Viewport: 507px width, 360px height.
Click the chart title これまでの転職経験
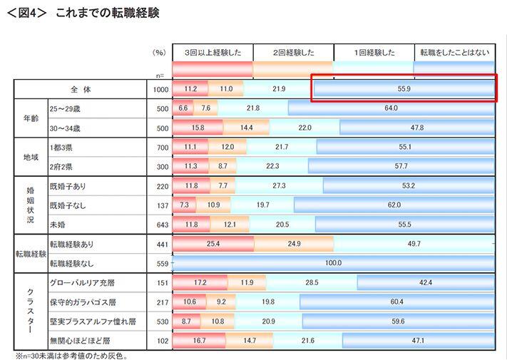(107, 13)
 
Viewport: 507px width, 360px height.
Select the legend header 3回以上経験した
(212, 53)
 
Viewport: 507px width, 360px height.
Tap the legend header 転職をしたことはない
(455, 53)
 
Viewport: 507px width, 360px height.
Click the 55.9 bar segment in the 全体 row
(404, 89)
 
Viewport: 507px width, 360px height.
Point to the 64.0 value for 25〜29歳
(390, 108)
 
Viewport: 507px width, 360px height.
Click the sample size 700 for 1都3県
(162, 147)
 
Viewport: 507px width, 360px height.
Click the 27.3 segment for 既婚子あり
(279, 186)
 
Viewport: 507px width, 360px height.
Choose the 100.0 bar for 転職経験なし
(334, 263)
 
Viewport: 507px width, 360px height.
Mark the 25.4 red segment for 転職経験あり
(212, 245)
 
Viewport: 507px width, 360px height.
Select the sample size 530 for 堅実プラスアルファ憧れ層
(162, 322)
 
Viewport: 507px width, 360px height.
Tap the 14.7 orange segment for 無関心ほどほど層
(250, 341)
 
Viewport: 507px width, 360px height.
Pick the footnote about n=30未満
(71, 354)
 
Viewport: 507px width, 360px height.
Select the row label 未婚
(58, 225)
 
